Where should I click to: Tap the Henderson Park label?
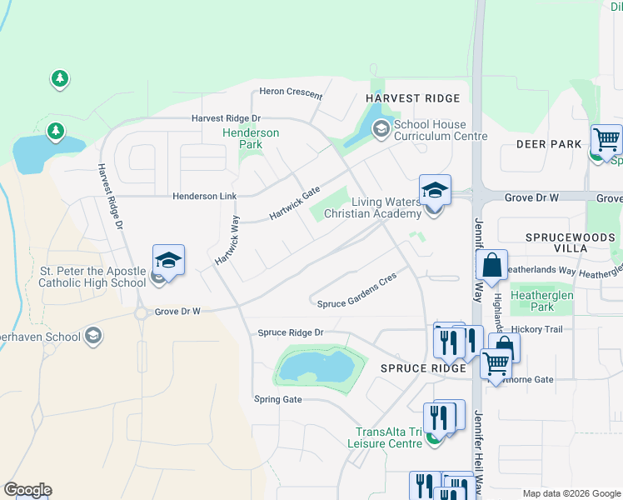click(250, 138)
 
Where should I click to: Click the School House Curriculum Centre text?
click(440, 130)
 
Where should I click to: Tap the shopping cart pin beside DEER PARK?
click(606, 139)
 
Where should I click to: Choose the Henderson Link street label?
click(205, 197)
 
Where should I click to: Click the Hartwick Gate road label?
click(295, 204)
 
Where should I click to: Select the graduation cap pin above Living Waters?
click(435, 191)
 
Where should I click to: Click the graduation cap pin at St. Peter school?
click(168, 260)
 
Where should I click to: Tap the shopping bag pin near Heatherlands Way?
click(492, 265)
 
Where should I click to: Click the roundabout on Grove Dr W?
click(141, 313)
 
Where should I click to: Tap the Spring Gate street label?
click(277, 399)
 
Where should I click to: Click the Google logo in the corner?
click(27, 490)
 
